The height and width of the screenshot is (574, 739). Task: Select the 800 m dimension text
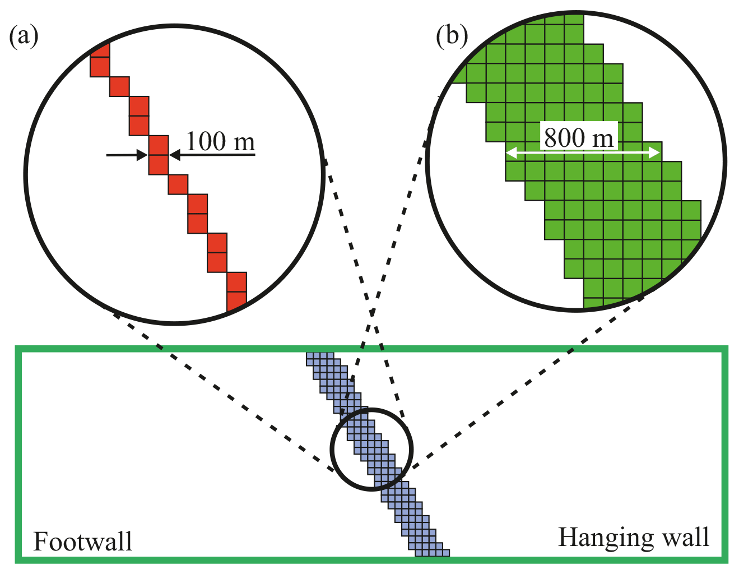579,137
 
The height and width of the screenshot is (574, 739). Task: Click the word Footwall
82,542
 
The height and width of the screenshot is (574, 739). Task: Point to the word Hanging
602,538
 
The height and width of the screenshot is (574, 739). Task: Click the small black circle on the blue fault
371,449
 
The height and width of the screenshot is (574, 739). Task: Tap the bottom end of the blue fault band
432,552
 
